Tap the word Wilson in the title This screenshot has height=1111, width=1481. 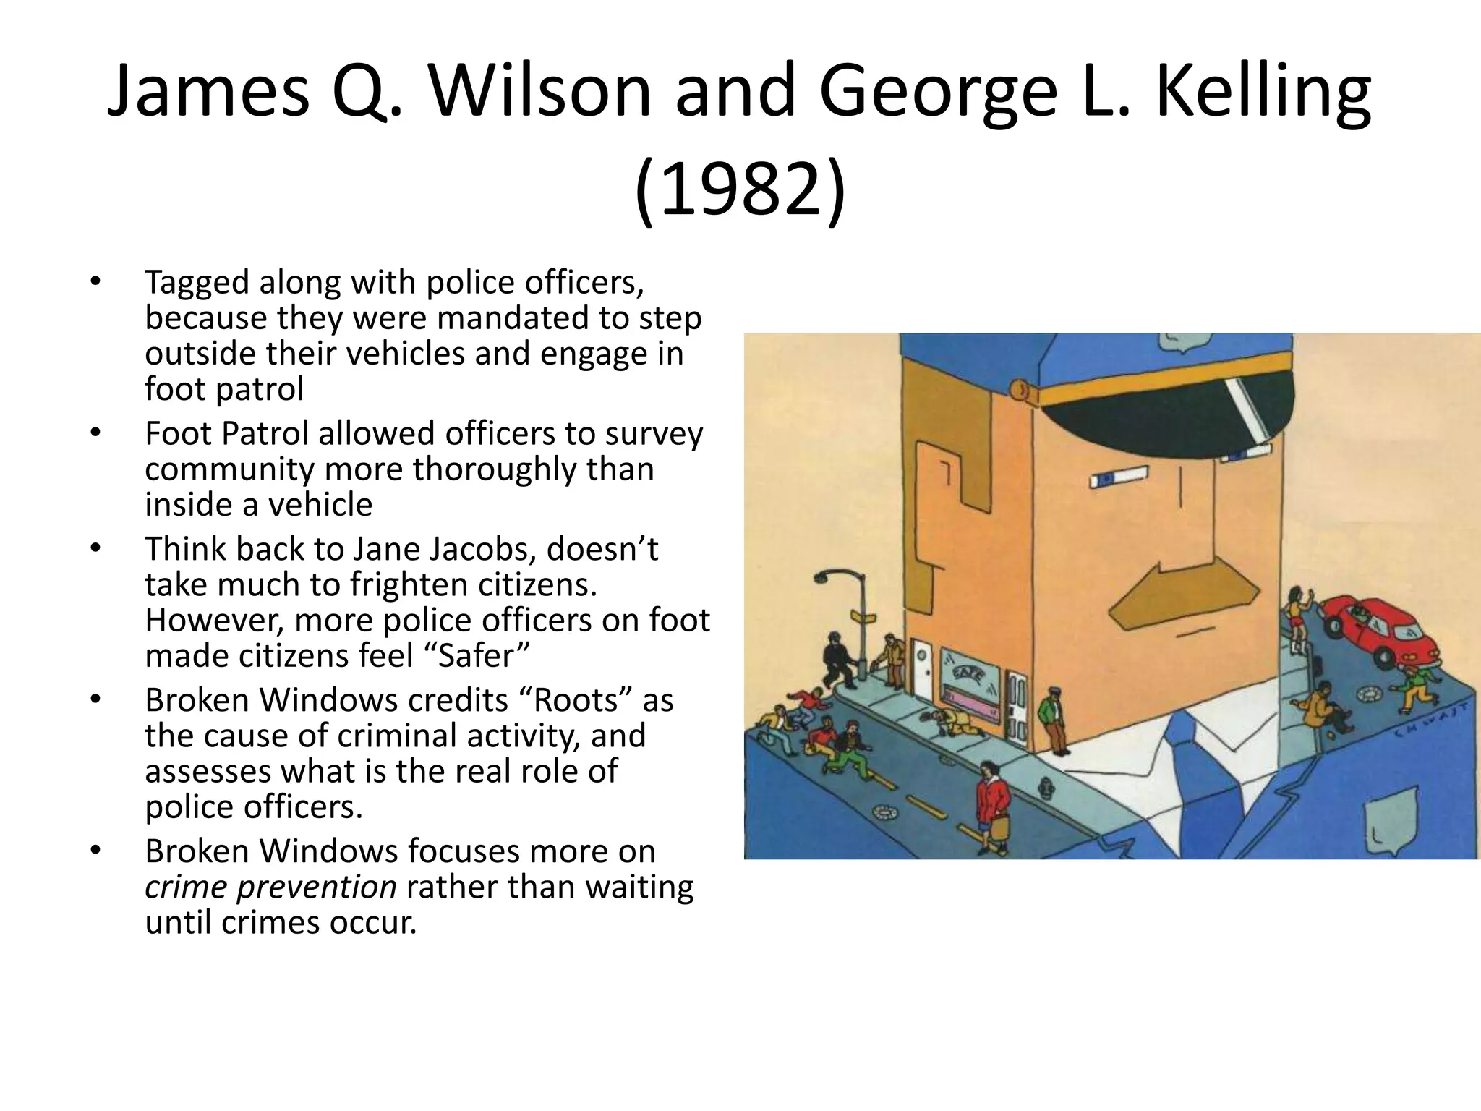(x=539, y=91)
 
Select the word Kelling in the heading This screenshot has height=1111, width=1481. (x=1262, y=91)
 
